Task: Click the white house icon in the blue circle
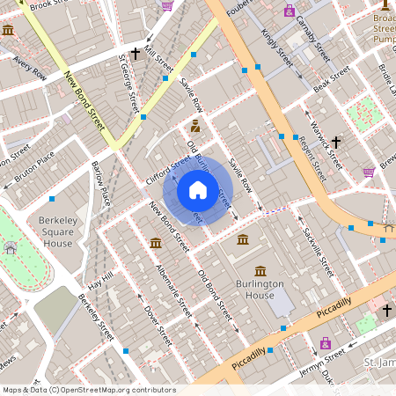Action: click(198, 189)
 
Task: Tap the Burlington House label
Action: click(260, 290)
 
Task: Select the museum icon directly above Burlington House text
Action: click(260, 271)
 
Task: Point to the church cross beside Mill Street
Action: click(135, 55)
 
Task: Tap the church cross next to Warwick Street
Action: click(335, 141)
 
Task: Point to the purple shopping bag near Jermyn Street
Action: click(326, 342)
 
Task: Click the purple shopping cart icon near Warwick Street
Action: click(369, 172)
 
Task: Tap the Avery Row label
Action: click(29, 68)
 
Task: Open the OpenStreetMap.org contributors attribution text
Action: click(114, 389)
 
